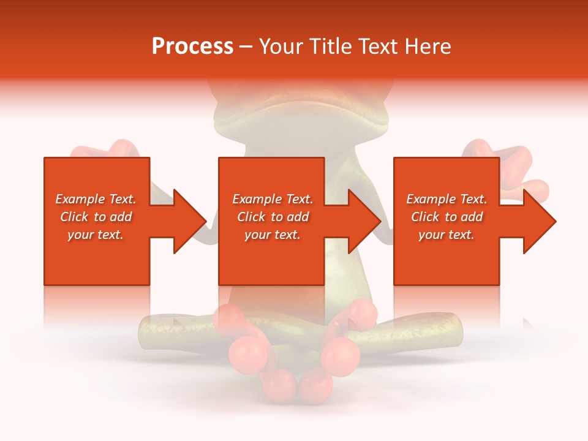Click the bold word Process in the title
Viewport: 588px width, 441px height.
(x=192, y=47)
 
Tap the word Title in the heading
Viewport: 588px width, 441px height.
(x=331, y=47)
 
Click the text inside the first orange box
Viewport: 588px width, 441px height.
(x=96, y=217)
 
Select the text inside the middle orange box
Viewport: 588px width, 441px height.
(x=272, y=217)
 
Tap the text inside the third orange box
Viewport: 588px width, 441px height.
(x=447, y=217)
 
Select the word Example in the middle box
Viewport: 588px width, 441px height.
(x=255, y=199)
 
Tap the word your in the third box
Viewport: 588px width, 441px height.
(x=431, y=235)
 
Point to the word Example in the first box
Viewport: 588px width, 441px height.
(x=78, y=199)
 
